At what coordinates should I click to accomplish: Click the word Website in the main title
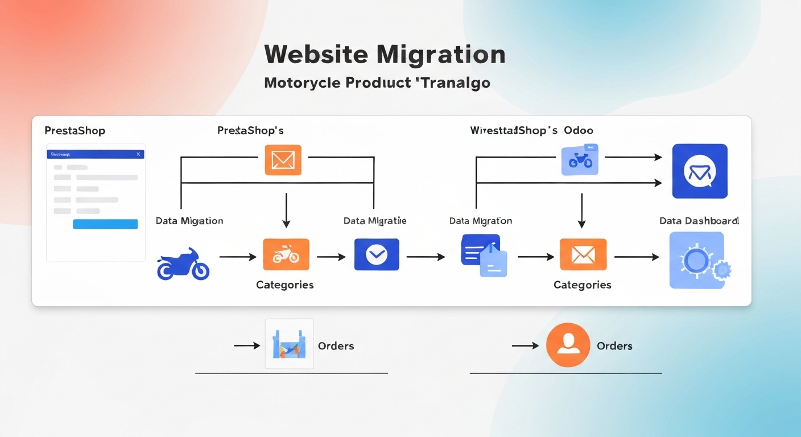pyautogui.click(x=316, y=55)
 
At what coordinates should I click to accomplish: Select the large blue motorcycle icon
pyautogui.click(x=183, y=265)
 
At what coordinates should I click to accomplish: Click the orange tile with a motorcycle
pyautogui.click(x=286, y=254)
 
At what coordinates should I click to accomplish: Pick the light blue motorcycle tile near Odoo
pyautogui.click(x=580, y=159)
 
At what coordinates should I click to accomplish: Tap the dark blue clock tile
pyautogui.click(x=376, y=254)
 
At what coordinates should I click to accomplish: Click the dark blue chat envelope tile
pyautogui.click(x=699, y=171)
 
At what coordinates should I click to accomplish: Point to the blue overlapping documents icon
pyautogui.click(x=483, y=255)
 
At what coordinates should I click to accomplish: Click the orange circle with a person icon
pyautogui.click(x=568, y=345)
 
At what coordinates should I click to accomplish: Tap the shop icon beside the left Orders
pyautogui.click(x=289, y=344)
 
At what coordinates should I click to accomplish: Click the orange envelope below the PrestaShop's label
pyautogui.click(x=283, y=160)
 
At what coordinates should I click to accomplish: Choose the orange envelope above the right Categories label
pyautogui.click(x=583, y=254)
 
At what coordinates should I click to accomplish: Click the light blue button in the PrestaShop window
pyautogui.click(x=105, y=224)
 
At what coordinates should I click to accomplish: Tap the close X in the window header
pyautogui.click(x=138, y=154)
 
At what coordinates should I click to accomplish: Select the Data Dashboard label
pyautogui.click(x=699, y=221)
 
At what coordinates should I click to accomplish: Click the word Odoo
pyautogui.click(x=579, y=130)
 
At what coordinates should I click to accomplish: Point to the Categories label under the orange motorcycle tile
pyautogui.click(x=284, y=285)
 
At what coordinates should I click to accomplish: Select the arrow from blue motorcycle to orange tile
pyautogui.click(x=238, y=257)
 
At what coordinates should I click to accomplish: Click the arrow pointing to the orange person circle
pyautogui.click(x=525, y=345)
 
